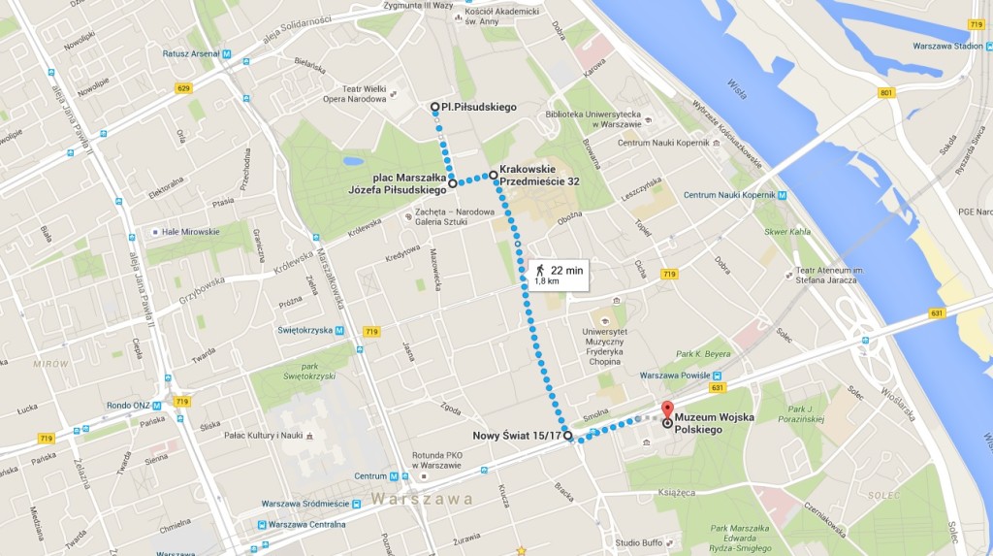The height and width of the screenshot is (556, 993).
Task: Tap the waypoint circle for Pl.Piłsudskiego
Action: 435,108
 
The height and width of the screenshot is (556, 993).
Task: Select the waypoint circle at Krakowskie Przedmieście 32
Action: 494,175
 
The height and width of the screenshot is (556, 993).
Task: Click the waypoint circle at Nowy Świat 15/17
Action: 567,436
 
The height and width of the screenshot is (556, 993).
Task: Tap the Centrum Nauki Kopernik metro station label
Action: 732,195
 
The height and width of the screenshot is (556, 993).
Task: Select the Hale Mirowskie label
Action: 191,232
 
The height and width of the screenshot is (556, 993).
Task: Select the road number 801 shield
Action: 885,93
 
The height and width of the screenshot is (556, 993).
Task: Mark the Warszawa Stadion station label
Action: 947,46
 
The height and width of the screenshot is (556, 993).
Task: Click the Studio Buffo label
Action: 638,542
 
